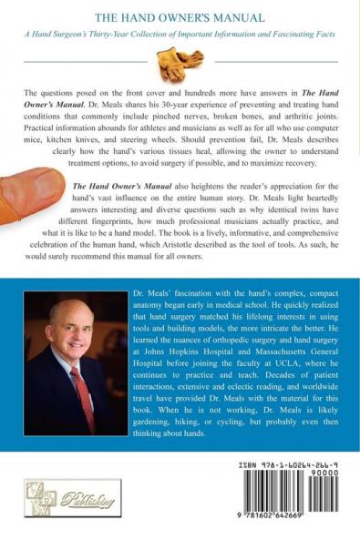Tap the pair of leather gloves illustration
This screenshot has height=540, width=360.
(x=179, y=65)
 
